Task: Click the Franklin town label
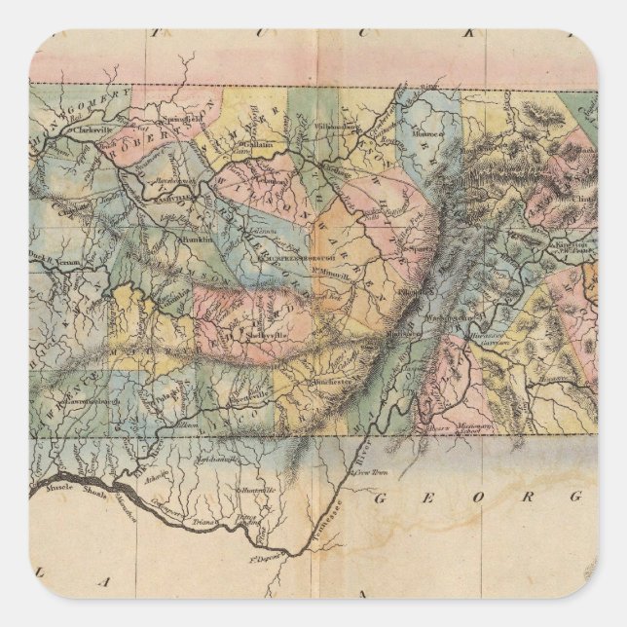point(198,238)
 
